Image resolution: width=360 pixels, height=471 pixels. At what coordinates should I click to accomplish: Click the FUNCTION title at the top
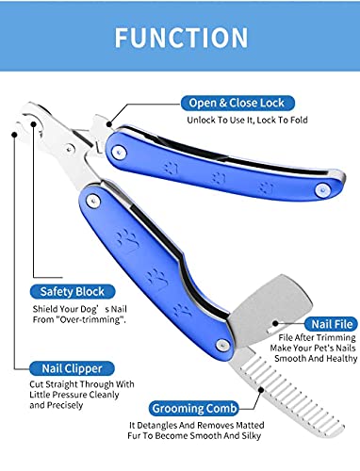pyautogui.click(x=180, y=38)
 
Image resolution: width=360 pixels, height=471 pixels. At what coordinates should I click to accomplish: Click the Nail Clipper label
pyautogui.click(x=70, y=369)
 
